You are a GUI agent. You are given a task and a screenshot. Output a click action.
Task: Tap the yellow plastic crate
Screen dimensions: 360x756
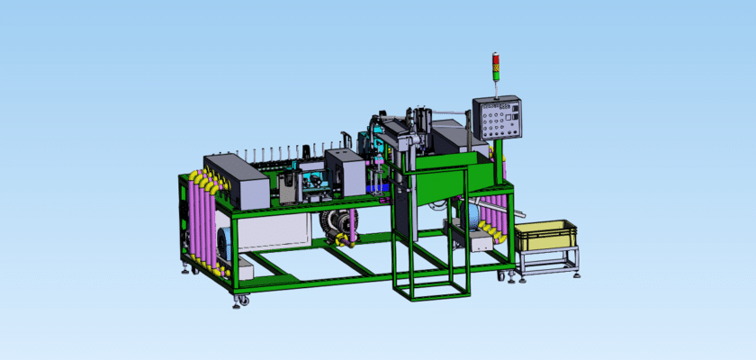(x=544, y=235)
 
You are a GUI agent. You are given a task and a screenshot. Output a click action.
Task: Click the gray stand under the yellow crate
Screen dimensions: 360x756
(x=548, y=260)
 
